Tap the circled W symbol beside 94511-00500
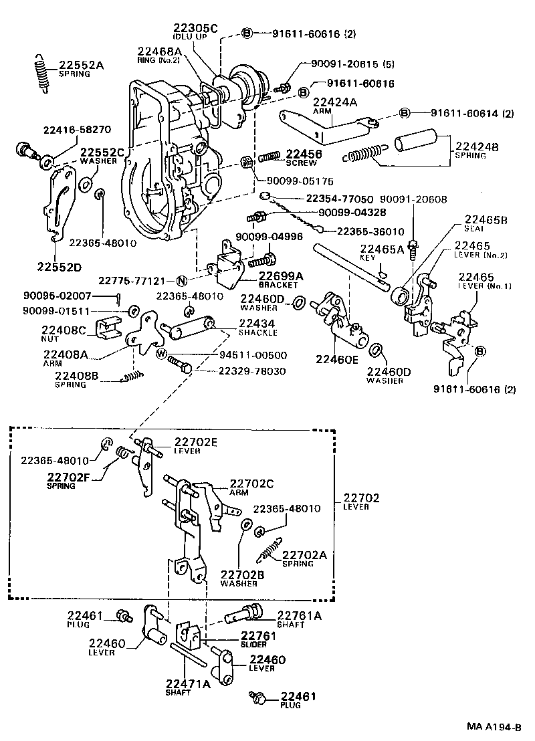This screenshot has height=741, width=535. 161,354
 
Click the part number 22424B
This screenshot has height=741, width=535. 477,146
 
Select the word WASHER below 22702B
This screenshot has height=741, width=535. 239,583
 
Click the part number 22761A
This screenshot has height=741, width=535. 299,615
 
